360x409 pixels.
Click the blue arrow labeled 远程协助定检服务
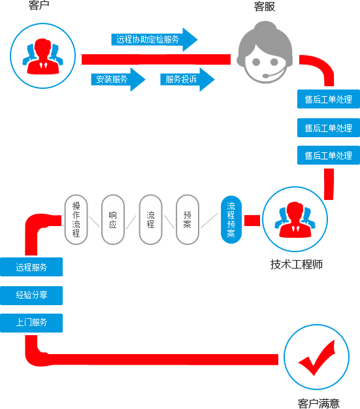[154, 40]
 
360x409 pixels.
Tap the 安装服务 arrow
[118, 79]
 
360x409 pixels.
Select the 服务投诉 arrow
[188, 79]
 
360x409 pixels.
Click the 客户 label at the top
[39, 5]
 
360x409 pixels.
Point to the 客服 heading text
[265, 7]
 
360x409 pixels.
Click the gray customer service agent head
[265, 52]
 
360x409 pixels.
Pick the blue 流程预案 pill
[231, 220]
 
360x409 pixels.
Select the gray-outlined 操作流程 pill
[76, 220]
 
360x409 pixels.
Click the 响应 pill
[112, 220]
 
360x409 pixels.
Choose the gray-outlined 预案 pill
[188, 220]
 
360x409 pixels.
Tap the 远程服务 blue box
[31, 267]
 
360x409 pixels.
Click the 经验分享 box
[31, 295]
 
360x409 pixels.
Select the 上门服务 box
[31, 323]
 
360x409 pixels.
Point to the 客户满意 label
[319, 403]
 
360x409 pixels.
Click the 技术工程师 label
[297, 264]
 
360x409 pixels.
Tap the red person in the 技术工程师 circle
[295, 220]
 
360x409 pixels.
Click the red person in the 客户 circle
[42, 57]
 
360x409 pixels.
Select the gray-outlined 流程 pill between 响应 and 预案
[150, 220]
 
